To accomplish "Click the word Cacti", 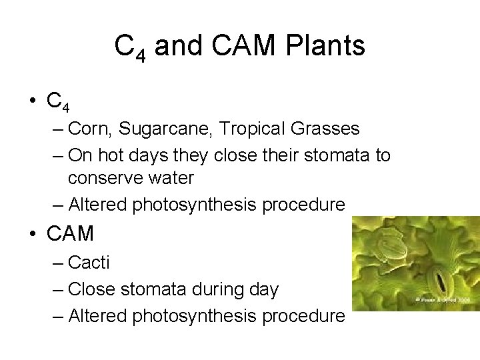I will [x=89, y=263].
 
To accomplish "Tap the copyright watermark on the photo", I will [x=443, y=301].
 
